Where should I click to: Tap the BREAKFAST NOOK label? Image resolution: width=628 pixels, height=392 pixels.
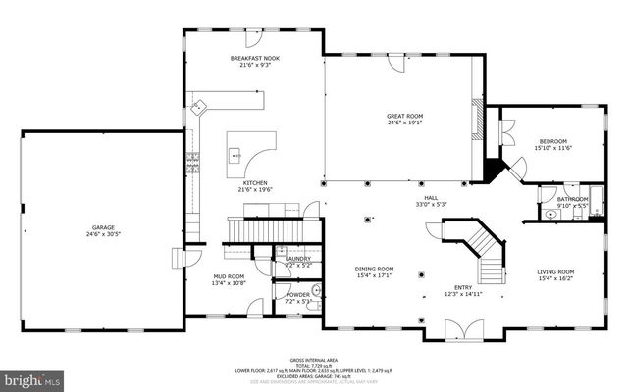(255, 59)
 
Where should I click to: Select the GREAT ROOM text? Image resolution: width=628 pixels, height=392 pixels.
(404, 116)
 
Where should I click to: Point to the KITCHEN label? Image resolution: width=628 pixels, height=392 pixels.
(256, 183)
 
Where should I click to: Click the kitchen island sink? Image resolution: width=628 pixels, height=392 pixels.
(236, 154)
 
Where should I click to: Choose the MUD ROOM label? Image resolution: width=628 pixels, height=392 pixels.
(229, 276)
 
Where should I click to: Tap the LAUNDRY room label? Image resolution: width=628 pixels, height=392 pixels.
(298, 259)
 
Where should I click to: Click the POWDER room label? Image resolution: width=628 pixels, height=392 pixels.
(298, 294)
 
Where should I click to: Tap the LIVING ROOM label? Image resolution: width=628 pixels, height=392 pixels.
(555, 271)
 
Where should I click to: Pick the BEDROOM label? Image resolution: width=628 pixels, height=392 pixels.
(551, 141)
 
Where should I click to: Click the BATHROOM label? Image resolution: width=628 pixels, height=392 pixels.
(572, 199)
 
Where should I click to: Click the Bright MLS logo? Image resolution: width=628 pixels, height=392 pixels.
(31, 377)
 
